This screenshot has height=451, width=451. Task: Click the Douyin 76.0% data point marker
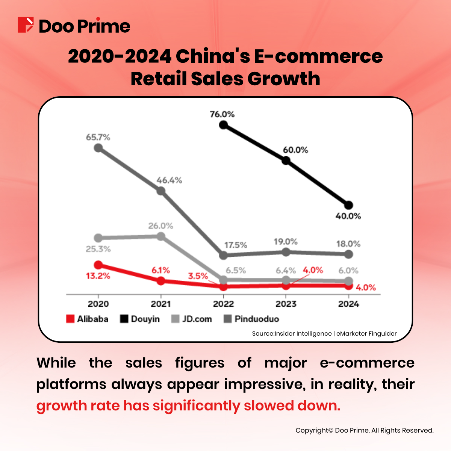pyautogui.click(x=223, y=124)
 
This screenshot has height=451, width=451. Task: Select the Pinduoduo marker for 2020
pyautogui.click(x=98, y=148)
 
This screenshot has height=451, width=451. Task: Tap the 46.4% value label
pyautogui.click(x=169, y=180)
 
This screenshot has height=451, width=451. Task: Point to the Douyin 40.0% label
pyautogui.click(x=348, y=216)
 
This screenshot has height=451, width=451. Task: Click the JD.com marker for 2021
pyautogui.click(x=160, y=236)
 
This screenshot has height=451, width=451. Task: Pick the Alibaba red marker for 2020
pyautogui.click(x=98, y=265)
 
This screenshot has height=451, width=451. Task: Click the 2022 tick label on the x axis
pyautogui.click(x=223, y=304)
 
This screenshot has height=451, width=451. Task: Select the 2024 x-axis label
pyautogui.click(x=348, y=304)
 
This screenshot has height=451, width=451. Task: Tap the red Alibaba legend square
pyautogui.click(x=70, y=319)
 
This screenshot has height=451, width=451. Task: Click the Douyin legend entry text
pyautogui.click(x=145, y=319)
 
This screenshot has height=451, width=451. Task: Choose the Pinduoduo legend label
pyautogui.click(x=257, y=319)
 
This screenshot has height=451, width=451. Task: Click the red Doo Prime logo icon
pyautogui.click(x=26, y=25)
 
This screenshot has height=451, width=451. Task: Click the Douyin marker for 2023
pyautogui.click(x=286, y=160)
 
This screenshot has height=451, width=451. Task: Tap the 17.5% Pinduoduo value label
pyautogui.click(x=236, y=245)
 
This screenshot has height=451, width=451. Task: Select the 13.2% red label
pyautogui.click(x=98, y=276)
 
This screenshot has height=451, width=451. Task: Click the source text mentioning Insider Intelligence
pyautogui.click(x=324, y=333)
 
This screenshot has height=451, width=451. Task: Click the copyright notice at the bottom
pyautogui.click(x=364, y=430)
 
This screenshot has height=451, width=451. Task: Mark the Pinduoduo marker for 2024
pyautogui.click(x=348, y=254)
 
